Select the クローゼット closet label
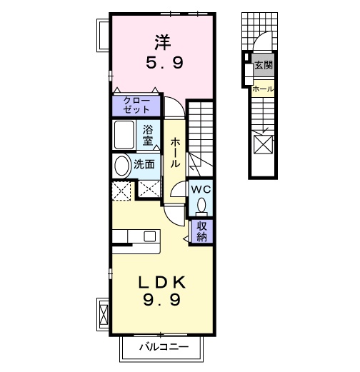[x=136, y=104]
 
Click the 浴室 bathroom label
[x=148, y=134]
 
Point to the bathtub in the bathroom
[x=126, y=135]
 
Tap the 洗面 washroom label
[x=144, y=164]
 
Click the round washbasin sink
[x=121, y=166]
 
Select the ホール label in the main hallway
[x=174, y=152]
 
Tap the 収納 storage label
[x=202, y=232]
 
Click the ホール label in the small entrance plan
[x=263, y=89]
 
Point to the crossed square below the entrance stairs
[x=263, y=145]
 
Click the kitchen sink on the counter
[x=151, y=236]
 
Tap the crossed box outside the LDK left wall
[x=101, y=312]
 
